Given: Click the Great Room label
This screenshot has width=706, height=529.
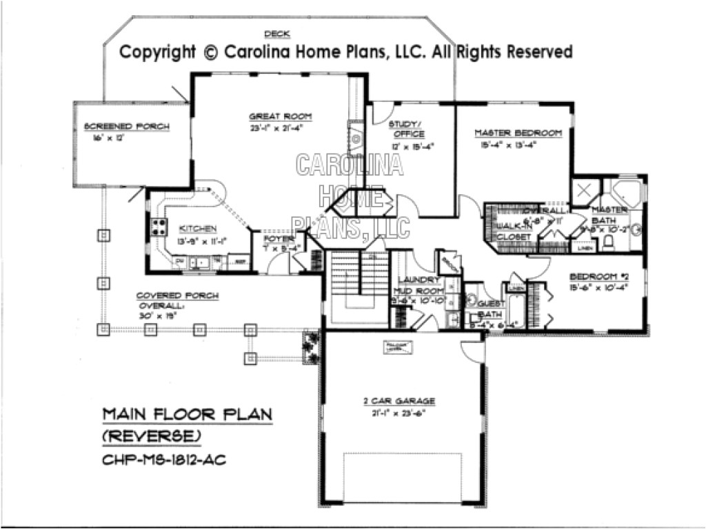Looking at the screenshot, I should (270, 116).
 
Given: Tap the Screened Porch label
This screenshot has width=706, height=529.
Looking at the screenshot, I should (126, 126).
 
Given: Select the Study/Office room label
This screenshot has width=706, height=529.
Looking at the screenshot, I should (406, 129).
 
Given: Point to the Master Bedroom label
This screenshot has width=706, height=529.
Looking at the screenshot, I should (518, 132).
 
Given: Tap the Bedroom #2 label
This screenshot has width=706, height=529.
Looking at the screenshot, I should (596, 277).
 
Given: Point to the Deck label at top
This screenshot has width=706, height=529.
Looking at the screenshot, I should (276, 34).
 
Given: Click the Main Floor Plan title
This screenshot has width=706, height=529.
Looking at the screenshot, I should (186, 414).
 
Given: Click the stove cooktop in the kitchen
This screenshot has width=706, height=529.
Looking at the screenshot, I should (158, 227).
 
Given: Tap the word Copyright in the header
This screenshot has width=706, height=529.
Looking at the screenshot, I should (158, 52).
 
